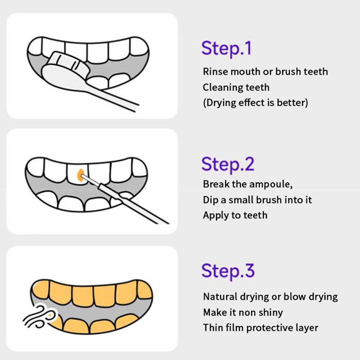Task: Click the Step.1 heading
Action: tap(226, 49)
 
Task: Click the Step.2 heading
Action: tap(228, 164)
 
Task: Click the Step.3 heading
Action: tap(228, 271)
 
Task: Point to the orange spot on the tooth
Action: tap(80, 175)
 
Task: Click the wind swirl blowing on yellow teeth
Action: tap(40, 316)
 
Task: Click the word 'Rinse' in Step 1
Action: tap(215, 72)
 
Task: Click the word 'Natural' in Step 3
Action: tap(220, 297)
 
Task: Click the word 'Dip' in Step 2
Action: tap(211, 200)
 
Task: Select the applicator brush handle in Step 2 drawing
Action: tap(133, 203)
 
